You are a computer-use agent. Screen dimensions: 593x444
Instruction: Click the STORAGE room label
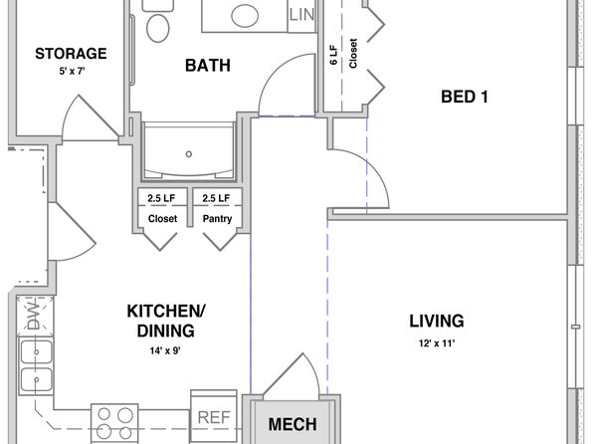tap(71, 54)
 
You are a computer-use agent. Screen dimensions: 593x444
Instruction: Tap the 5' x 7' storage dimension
tap(72, 71)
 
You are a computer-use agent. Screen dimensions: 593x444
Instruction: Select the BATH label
tap(208, 65)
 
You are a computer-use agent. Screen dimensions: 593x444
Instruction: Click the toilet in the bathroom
tap(158, 23)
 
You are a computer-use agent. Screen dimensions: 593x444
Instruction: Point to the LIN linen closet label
tap(301, 15)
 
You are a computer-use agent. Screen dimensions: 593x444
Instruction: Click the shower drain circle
tap(189, 154)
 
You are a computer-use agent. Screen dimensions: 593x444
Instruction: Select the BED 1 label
tap(465, 97)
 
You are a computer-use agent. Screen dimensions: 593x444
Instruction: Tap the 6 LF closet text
tap(333, 55)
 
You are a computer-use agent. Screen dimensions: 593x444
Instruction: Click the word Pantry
tap(217, 218)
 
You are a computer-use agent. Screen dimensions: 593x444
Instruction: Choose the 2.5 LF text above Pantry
tap(216, 198)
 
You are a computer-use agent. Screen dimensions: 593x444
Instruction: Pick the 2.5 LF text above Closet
tap(161, 198)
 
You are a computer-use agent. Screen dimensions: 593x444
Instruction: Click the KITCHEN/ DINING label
tap(166, 321)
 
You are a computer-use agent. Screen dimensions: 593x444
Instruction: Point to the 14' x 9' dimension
tap(165, 350)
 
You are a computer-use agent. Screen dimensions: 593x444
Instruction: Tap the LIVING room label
tap(437, 321)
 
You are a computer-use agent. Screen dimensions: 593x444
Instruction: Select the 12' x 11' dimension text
tap(437, 343)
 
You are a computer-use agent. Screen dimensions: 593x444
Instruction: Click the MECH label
tap(293, 424)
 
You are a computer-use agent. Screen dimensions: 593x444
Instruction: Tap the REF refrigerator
tap(214, 416)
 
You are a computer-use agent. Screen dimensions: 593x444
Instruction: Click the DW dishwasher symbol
tap(35, 315)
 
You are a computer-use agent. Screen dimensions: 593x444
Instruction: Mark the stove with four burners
tap(114, 424)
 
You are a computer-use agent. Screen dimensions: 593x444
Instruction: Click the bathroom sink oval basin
tap(245, 16)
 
